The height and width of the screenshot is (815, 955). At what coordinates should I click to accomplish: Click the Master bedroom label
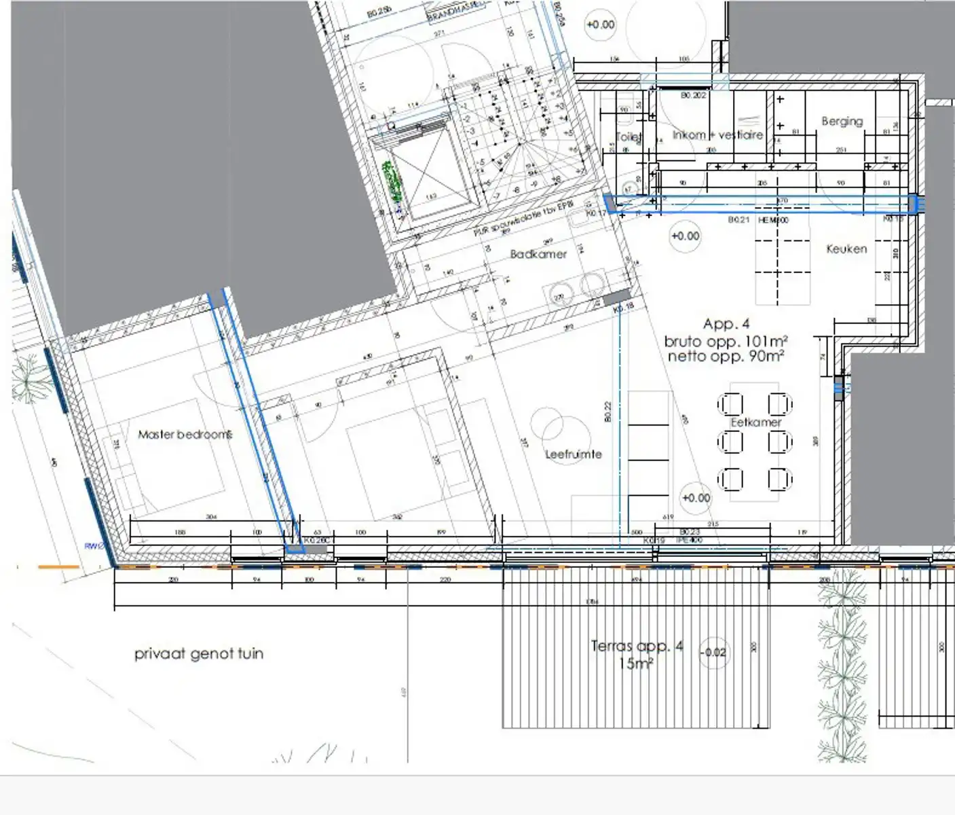[x=185, y=434]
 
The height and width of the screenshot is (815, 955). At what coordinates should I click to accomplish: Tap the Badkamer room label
[x=538, y=254]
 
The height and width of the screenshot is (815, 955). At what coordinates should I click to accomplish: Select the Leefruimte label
[x=574, y=454]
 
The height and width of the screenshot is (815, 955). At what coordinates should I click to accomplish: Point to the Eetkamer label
[x=756, y=422]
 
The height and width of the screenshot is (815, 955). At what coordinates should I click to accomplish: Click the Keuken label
[x=846, y=249]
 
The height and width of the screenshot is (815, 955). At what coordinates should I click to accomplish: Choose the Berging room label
[x=842, y=122]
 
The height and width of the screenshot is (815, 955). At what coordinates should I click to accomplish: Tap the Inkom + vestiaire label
[x=717, y=135]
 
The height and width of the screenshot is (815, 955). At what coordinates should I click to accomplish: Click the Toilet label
[x=628, y=137]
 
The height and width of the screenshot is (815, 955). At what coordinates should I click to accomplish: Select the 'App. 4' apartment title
[x=726, y=324]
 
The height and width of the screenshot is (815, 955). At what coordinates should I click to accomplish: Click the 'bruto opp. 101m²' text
[x=726, y=341]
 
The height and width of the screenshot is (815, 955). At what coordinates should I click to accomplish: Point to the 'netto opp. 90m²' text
[x=726, y=356]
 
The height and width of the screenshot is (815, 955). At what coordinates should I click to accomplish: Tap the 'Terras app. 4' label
[x=637, y=646]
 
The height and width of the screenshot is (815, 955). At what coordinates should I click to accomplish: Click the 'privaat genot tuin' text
[x=198, y=654]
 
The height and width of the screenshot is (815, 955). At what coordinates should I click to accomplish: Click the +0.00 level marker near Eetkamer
[x=696, y=498]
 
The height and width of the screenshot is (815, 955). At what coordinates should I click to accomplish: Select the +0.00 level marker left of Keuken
[x=685, y=236]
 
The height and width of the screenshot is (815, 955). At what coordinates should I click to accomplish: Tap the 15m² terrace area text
[x=635, y=664]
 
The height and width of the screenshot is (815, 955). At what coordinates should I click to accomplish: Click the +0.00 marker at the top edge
[x=600, y=25]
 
